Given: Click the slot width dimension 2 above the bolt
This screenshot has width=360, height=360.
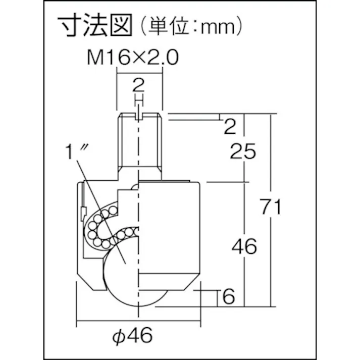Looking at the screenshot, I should click(x=139, y=84).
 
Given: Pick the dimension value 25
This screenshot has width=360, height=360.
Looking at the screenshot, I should click(x=243, y=151).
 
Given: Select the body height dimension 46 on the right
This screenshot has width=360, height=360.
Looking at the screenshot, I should click(x=244, y=246).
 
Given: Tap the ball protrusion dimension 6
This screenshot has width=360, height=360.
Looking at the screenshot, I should click(x=229, y=297).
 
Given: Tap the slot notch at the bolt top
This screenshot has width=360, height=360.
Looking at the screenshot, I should click(x=139, y=117).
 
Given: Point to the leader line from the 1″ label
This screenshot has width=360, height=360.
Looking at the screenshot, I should click(x=101, y=202).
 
